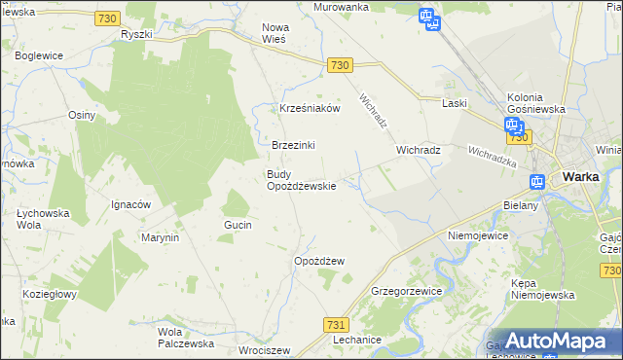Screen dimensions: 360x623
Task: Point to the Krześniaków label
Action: [x=310, y=108]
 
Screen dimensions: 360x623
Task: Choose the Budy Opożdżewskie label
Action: [x=302, y=180]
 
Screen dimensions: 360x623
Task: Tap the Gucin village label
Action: [x=238, y=225]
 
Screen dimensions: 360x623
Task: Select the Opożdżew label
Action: [x=319, y=261]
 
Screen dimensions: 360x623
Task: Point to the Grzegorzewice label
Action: [x=407, y=291]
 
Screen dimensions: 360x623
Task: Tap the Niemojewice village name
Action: [x=480, y=235]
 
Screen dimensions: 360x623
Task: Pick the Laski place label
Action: [x=455, y=102]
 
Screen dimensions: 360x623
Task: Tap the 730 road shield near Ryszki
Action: [x=109, y=18]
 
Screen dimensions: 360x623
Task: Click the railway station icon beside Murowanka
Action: [x=425, y=17]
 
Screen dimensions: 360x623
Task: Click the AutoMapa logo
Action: [x=554, y=339]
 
